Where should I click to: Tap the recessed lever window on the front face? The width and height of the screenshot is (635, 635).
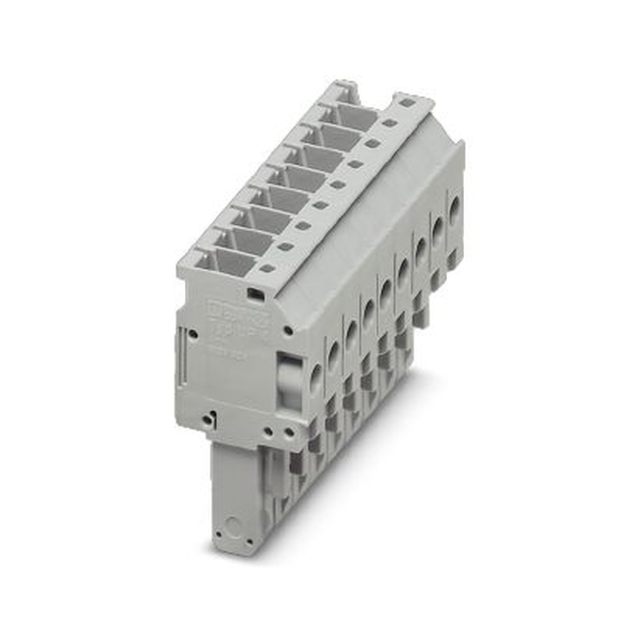(289, 381)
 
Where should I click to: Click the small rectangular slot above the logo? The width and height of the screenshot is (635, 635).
(256, 293)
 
